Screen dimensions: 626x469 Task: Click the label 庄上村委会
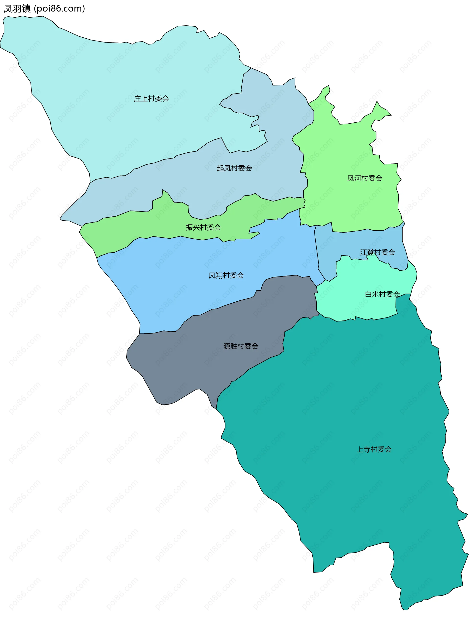click(x=151, y=98)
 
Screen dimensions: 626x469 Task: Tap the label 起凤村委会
click(x=234, y=168)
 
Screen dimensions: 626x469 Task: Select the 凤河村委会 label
click(x=364, y=178)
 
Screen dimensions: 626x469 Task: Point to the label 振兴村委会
click(x=203, y=227)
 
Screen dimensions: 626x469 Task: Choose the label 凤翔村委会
click(x=226, y=275)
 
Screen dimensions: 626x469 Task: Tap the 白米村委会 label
click(x=382, y=294)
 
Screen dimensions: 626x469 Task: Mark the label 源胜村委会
click(x=241, y=346)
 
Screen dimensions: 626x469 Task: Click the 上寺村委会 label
click(x=374, y=449)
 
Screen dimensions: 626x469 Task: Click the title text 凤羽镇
click(x=17, y=9)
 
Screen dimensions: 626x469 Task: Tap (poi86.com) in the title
click(x=59, y=9)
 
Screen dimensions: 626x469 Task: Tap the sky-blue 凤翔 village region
click(x=184, y=283)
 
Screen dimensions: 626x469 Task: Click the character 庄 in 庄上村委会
click(x=137, y=98)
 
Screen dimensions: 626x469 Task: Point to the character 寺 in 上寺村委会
click(x=367, y=449)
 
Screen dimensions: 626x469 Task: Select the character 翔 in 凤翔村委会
click(x=219, y=275)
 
